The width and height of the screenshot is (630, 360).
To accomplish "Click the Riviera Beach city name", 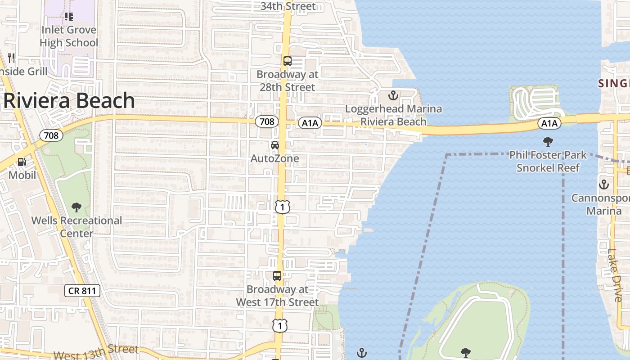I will click(69, 101).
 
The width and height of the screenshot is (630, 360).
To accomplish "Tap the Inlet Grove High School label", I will click(69, 36).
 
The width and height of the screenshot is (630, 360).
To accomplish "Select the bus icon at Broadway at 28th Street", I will click(288, 61).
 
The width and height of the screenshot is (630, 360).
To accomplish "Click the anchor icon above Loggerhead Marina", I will click(393, 95).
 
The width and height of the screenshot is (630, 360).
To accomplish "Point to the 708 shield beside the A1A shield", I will click(267, 121).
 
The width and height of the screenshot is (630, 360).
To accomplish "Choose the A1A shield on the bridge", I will click(549, 123).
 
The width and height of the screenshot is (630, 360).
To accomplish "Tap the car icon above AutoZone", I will click(274, 145).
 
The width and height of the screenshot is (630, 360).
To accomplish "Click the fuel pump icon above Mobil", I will click(22, 162).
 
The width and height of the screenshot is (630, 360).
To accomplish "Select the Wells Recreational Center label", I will click(76, 227).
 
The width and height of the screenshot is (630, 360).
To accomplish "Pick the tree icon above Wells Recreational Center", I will click(76, 207).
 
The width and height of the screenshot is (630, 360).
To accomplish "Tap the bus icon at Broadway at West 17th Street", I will click(277, 276).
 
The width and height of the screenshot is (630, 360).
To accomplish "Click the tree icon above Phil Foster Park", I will click(548, 142).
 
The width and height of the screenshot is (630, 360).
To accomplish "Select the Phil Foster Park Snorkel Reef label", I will click(548, 162).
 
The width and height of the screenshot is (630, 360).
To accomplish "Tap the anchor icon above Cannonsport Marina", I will click(603, 184).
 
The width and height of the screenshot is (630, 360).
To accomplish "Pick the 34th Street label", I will click(288, 6).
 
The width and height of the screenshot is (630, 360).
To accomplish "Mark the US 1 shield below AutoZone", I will click(282, 207).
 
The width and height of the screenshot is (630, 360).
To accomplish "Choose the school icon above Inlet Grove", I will click(69, 17).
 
